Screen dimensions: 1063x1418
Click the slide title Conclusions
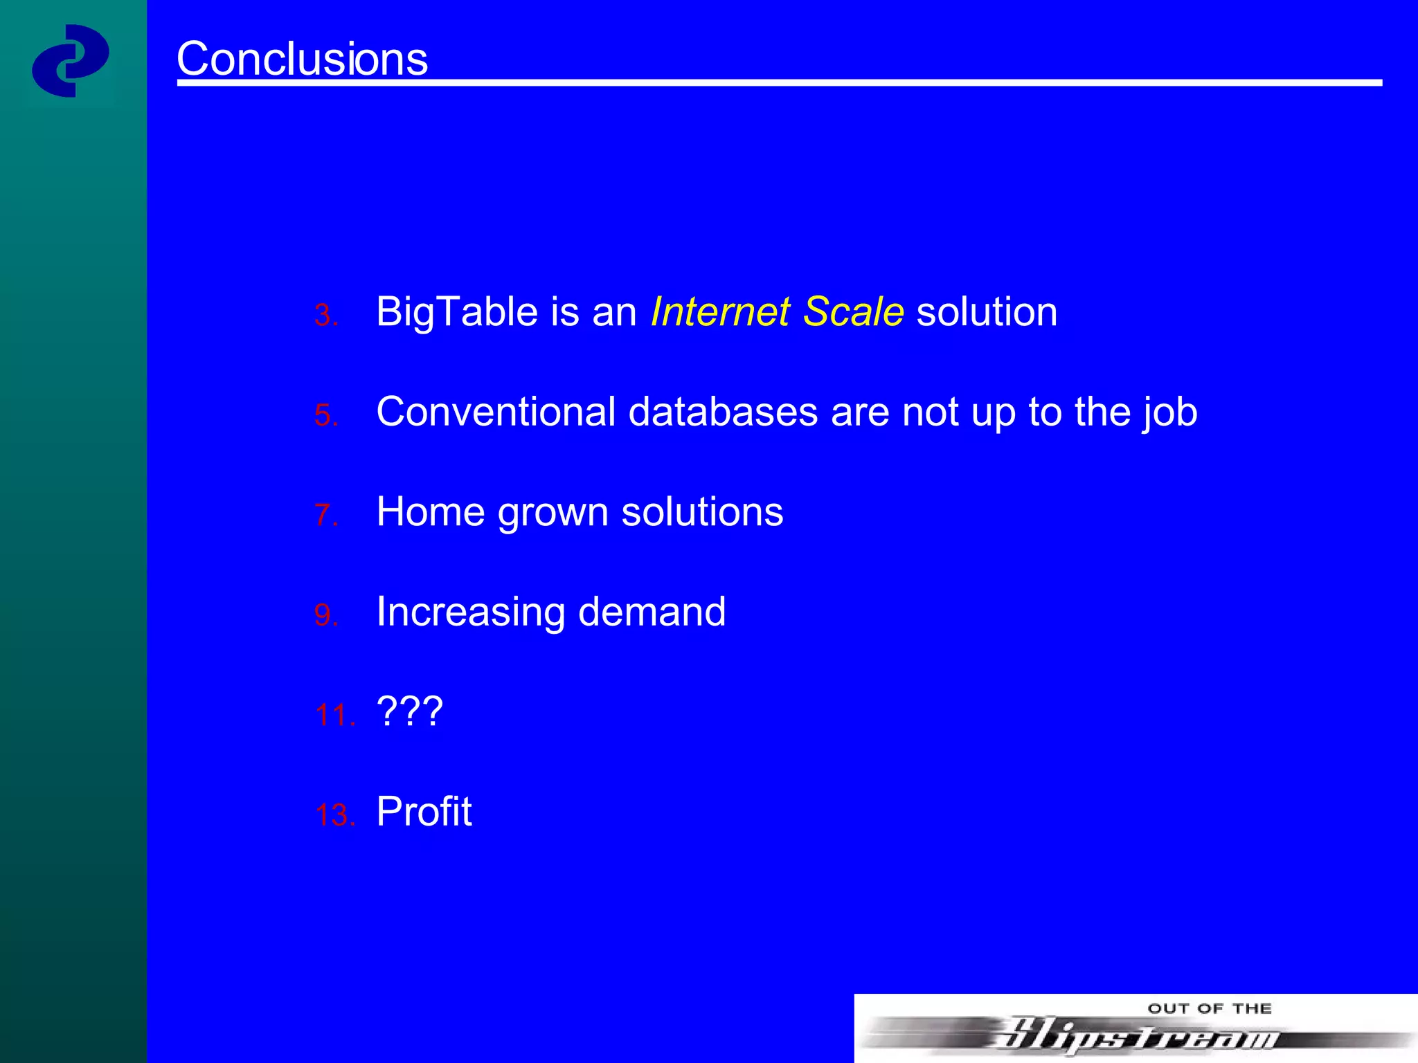click(302, 59)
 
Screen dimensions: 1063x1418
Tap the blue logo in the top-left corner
click(70, 61)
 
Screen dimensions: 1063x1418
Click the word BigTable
click(457, 312)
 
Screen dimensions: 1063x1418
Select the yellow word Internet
click(720, 312)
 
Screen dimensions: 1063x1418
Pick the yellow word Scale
click(853, 312)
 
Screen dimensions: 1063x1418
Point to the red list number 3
click(325, 316)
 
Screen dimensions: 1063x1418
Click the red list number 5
click(325, 416)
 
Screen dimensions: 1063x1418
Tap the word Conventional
click(495, 412)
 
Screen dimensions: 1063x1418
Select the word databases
click(723, 412)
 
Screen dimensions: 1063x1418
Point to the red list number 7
click(325, 516)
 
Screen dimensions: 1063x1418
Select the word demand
click(652, 612)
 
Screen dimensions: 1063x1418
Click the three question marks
click(409, 711)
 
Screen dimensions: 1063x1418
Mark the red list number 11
click(334, 716)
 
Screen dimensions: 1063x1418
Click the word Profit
click(424, 812)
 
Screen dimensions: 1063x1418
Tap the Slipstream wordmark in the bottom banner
click(1136, 1036)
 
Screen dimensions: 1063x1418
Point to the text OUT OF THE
click(1209, 1009)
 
